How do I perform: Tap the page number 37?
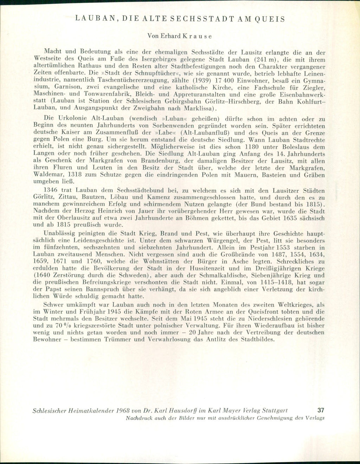321,410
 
